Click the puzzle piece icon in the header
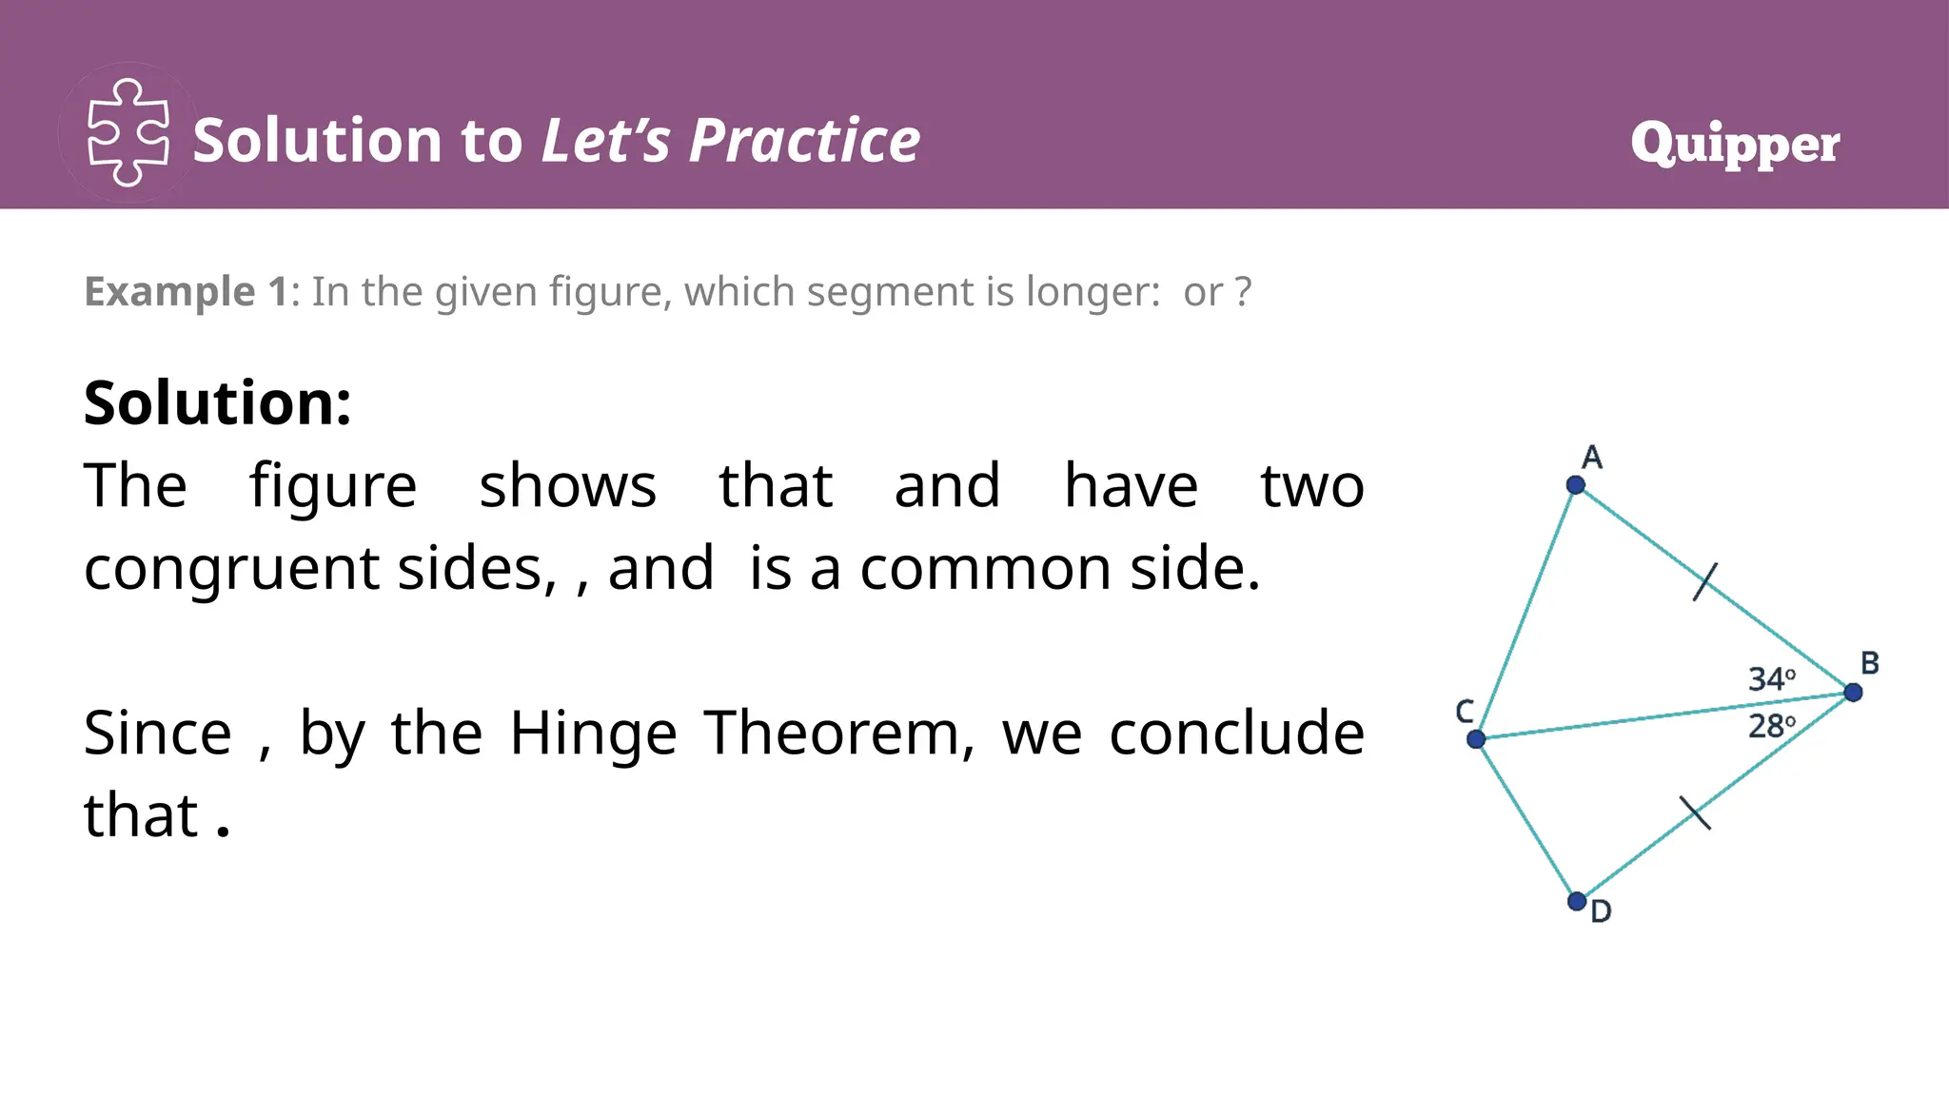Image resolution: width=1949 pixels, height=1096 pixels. (x=128, y=133)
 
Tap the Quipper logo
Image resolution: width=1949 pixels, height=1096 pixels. (x=1735, y=144)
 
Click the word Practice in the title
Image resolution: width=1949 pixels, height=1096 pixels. (x=804, y=141)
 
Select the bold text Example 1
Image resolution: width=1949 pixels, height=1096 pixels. (x=186, y=291)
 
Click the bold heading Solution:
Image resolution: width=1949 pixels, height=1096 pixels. (x=218, y=402)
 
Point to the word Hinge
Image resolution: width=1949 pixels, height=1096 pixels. (x=593, y=734)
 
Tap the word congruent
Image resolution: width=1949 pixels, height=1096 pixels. (x=231, y=569)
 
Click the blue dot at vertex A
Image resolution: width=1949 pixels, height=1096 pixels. (x=1575, y=485)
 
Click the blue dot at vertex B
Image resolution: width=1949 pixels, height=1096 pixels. (x=1852, y=693)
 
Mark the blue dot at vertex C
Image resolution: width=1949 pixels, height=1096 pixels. (x=1476, y=739)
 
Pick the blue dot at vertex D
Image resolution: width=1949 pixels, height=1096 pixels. (x=1576, y=900)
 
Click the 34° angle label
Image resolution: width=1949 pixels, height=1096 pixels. (x=1771, y=679)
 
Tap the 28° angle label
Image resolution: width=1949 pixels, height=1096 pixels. (x=1771, y=727)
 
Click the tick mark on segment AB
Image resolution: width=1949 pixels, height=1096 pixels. (x=1705, y=582)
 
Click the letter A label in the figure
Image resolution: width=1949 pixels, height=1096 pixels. (x=1591, y=458)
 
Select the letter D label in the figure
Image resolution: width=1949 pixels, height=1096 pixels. (x=1601, y=911)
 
